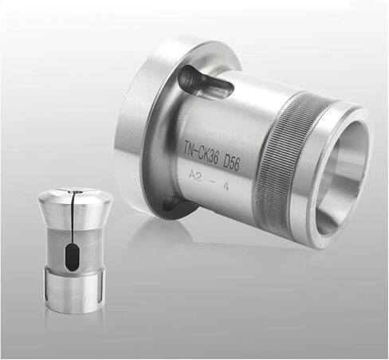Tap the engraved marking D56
(231, 162)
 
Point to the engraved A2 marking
(194, 176)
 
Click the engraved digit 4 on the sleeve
(226, 186)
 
